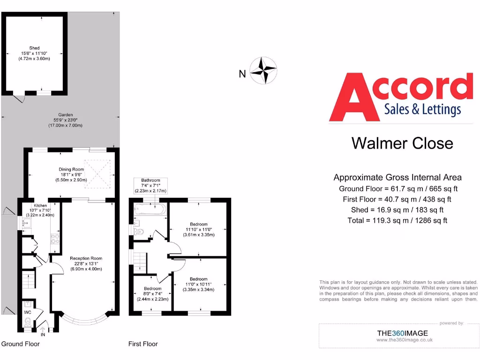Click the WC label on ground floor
[28, 312]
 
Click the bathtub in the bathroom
[150, 210]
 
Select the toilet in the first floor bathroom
[139, 231]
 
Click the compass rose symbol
[263, 71]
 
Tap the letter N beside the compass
[242, 74]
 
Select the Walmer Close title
[402, 143]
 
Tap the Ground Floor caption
[21, 344]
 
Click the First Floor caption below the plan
[143, 344]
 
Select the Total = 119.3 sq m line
[397, 220]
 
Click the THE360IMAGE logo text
[402, 333]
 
